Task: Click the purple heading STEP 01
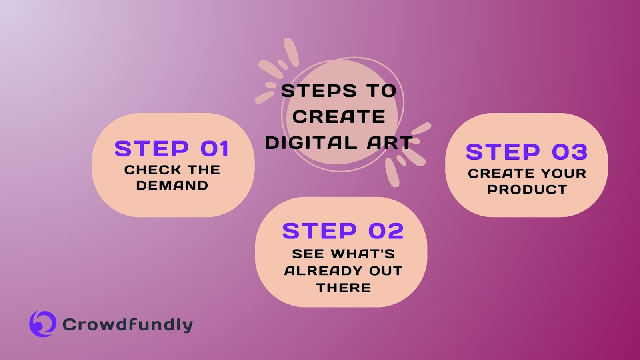pos(172,149)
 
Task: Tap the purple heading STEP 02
pos(343,231)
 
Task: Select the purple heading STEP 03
pos(526,152)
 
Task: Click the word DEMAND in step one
pos(172,186)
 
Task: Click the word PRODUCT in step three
pos(527,189)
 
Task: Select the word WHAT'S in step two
pos(363,254)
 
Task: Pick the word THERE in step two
pos(344,288)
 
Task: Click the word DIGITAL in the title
pos(311,143)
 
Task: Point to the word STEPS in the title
pos(318,91)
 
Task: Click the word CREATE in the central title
pos(339,117)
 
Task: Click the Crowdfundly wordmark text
pos(128,324)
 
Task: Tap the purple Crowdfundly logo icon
pos(42,324)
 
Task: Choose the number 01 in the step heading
pos(214,149)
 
